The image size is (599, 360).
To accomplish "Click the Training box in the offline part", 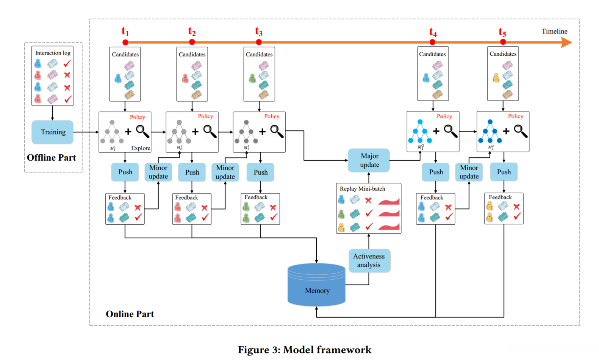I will [x=53, y=132].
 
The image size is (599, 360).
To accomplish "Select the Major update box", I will [x=369, y=160].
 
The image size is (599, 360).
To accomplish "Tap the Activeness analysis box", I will [x=369, y=261].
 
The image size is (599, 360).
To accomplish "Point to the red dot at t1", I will [x=125, y=42].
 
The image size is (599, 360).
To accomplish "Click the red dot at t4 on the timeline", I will [x=433, y=42].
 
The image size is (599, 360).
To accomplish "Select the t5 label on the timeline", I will [x=502, y=32].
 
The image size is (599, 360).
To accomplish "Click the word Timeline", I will [x=554, y=31].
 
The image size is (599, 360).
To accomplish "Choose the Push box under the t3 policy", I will [x=260, y=172].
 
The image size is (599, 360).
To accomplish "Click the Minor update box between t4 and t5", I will [x=469, y=172].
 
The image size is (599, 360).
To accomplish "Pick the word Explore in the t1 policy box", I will [x=141, y=148].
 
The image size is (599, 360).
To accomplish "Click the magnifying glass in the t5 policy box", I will [x=521, y=131].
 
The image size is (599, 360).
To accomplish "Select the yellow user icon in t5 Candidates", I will [x=496, y=78].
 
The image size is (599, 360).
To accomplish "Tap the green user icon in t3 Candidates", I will [x=252, y=78].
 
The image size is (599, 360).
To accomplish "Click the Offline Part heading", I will [x=52, y=158].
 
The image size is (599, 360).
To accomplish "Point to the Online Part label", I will [x=130, y=314].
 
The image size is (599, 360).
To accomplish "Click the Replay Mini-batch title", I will [x=363, y=189].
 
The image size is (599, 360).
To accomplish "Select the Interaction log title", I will [x=53, y=53].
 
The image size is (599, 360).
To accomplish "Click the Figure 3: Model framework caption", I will [x=305, y=350].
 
